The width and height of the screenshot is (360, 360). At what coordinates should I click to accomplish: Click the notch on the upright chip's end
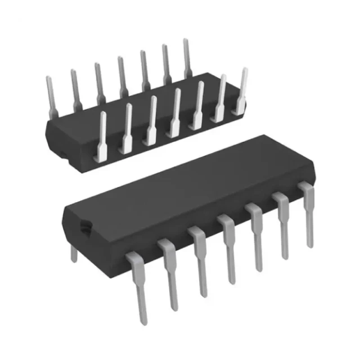tap(85, 227)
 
